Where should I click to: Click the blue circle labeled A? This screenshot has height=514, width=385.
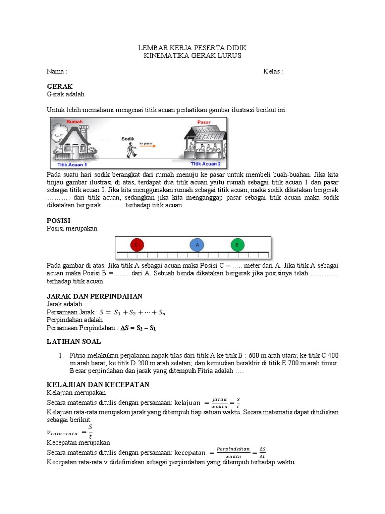197,245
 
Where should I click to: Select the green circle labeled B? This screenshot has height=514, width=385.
237,245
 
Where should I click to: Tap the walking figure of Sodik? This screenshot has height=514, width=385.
131,149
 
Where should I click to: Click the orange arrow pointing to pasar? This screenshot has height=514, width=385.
148,146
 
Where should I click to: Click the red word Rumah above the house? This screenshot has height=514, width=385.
75,122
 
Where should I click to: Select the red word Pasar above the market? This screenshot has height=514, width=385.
204,122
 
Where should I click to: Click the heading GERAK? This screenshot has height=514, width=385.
60,86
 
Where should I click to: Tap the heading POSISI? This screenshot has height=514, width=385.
58,220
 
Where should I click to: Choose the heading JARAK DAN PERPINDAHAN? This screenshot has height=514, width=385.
94,296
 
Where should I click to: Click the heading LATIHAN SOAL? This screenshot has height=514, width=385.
74,341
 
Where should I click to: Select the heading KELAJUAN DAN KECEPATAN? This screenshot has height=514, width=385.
98,384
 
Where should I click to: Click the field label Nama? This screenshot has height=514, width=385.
57,71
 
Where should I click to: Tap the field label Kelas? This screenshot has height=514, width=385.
273,71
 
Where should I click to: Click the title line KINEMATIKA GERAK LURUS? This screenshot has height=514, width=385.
192,56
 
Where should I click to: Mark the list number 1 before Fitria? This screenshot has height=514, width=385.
60,355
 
